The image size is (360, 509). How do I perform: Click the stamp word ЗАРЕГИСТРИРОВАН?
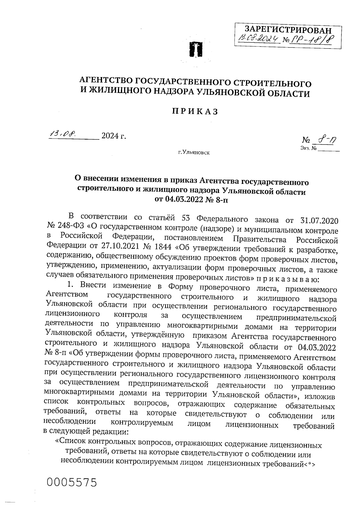pos(288,30)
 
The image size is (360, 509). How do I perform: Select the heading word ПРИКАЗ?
pos(194,112)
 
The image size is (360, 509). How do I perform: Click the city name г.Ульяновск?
pos(194,153)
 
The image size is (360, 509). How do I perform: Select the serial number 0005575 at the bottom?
pos(72,483)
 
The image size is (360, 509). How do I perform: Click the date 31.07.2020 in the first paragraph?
pos(319,220)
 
